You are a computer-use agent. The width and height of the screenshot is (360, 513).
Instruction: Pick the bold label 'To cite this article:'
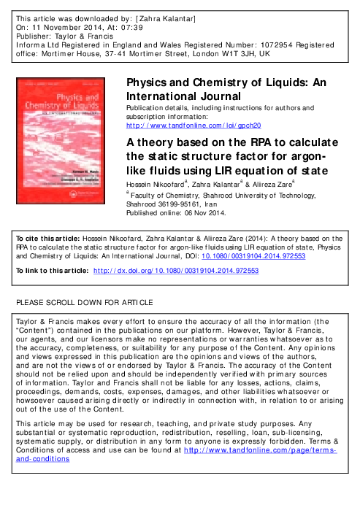(45, 238)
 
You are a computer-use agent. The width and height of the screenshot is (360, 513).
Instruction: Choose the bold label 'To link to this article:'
(51, 270)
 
